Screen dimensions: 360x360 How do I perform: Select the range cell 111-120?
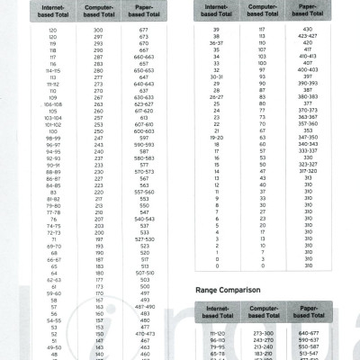pos(215,333)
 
